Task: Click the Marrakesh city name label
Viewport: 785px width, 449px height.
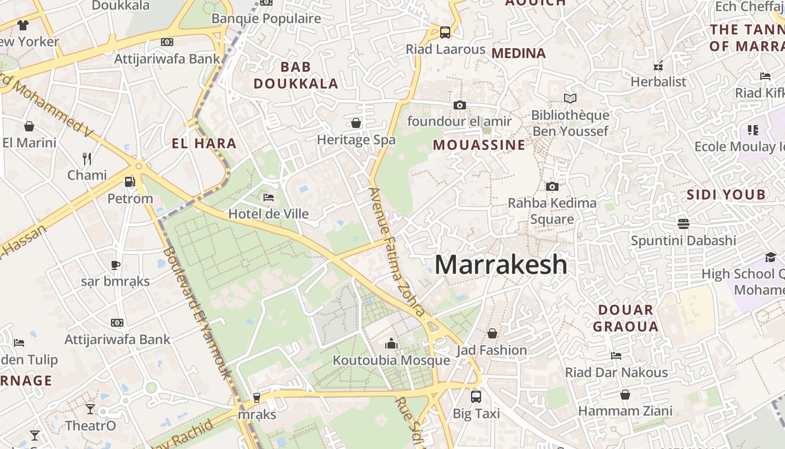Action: (501, 264)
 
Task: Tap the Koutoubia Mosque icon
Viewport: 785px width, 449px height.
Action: (391, 343)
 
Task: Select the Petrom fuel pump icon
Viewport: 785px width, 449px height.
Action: (130, 182)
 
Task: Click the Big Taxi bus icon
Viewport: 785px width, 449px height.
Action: (475, 396)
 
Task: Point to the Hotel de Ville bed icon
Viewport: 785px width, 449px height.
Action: (269, 198)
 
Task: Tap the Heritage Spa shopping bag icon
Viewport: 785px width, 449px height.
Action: (356, 123)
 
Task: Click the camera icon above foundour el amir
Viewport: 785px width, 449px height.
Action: (459, 105)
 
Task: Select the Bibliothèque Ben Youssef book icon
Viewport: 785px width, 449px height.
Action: (570, 99)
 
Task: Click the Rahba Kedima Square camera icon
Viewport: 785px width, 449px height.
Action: (552, 186)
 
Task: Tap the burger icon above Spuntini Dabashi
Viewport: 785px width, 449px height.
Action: (683, 224)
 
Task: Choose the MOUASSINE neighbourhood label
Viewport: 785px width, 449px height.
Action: (479, 145)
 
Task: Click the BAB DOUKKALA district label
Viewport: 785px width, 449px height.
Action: (295, 75)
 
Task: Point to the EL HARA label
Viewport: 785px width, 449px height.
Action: (204, 143)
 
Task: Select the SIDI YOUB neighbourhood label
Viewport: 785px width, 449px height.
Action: (726, 195)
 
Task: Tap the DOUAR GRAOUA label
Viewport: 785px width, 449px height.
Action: (625, 318)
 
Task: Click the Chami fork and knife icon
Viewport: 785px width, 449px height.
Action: (87, 159)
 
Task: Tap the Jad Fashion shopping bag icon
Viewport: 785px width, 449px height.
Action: (492, 334)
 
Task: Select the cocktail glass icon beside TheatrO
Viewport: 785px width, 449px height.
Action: (90, 409)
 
